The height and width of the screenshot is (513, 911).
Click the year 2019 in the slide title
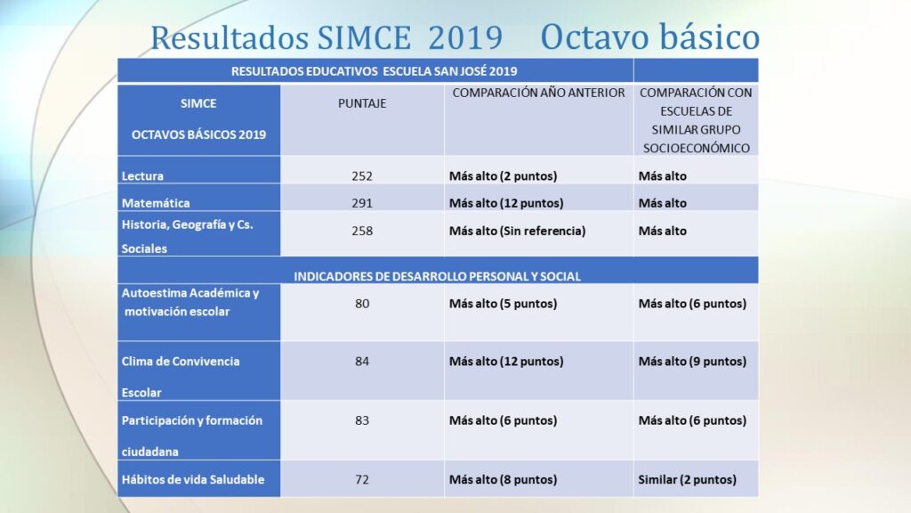(x=465, y=37)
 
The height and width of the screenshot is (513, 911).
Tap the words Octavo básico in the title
(x=650, y=37)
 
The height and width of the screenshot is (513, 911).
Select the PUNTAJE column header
(x=362, y=103)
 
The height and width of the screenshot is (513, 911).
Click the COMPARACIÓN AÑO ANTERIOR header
(x=538, y=93)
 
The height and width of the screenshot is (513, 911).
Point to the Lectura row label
(x=142, y=176)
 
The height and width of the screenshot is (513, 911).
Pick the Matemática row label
(x=156, y=203)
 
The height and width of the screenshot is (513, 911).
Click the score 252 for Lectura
(x=362, y=176)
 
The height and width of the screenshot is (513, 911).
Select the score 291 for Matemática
(x=362, y=203)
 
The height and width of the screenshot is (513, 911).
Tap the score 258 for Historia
(x=362, y=231)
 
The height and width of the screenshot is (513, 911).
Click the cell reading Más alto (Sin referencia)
(x=517, y=231)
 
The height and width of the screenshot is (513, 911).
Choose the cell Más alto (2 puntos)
(x=504, y=176)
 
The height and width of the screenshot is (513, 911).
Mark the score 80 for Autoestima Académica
(x=362, y=304)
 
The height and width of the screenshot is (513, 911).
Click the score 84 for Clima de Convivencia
(x=362, y=362)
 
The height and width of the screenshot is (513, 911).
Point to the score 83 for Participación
(x=362, y=420)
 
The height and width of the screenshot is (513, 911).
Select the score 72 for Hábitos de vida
(x=362, y=480)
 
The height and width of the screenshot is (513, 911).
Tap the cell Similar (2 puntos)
(x=688, y=480)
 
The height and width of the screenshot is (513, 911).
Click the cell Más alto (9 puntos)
(x=692, y=362)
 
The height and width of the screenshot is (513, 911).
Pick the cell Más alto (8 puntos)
(x=504, y=480)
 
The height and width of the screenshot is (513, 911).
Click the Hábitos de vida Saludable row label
(x=193, y=480)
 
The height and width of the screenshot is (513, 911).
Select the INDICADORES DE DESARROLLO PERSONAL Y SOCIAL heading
(x=437, y=276)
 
